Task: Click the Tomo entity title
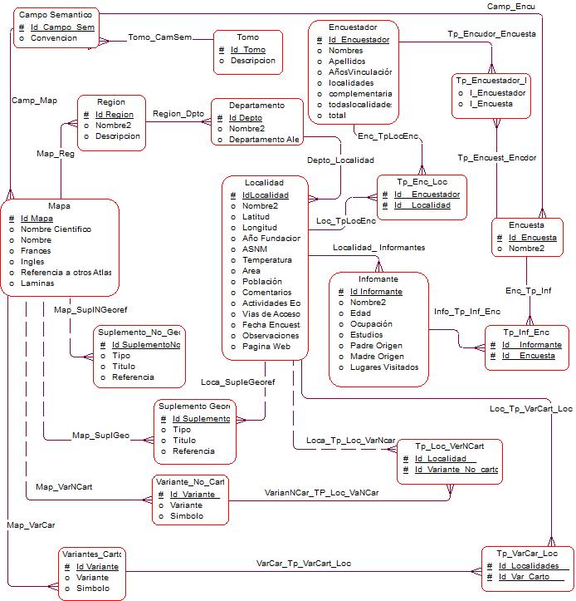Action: pos(247,37)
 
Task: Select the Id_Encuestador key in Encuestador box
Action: pos(359,39)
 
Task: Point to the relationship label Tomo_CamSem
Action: pos(160,37)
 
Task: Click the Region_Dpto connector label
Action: pos(178,113)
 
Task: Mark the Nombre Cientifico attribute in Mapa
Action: pos(56,229)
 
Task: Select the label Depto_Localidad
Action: pos(334,160)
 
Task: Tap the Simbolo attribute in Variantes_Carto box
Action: pos(93,588)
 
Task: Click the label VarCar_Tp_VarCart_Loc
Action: pos(304,563)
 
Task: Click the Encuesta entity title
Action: pos(527,225)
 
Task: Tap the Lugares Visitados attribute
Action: pos(383,367)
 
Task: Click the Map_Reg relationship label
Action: pos(56,153)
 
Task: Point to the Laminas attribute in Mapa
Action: pos(37,283)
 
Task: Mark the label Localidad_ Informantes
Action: pos(378,247)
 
